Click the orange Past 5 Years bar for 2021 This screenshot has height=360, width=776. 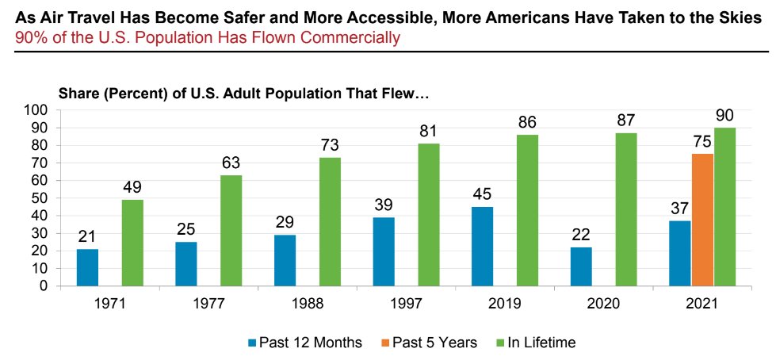coord(703,220)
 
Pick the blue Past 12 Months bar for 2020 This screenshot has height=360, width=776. coord(582,266)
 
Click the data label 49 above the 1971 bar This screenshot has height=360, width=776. coord(132,188)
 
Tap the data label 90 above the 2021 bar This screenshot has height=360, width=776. coord(725,116)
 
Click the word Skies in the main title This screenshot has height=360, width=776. coord(736,17)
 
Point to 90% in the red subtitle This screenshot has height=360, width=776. coord(30,37)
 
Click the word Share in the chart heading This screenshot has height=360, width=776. coord(78,94)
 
